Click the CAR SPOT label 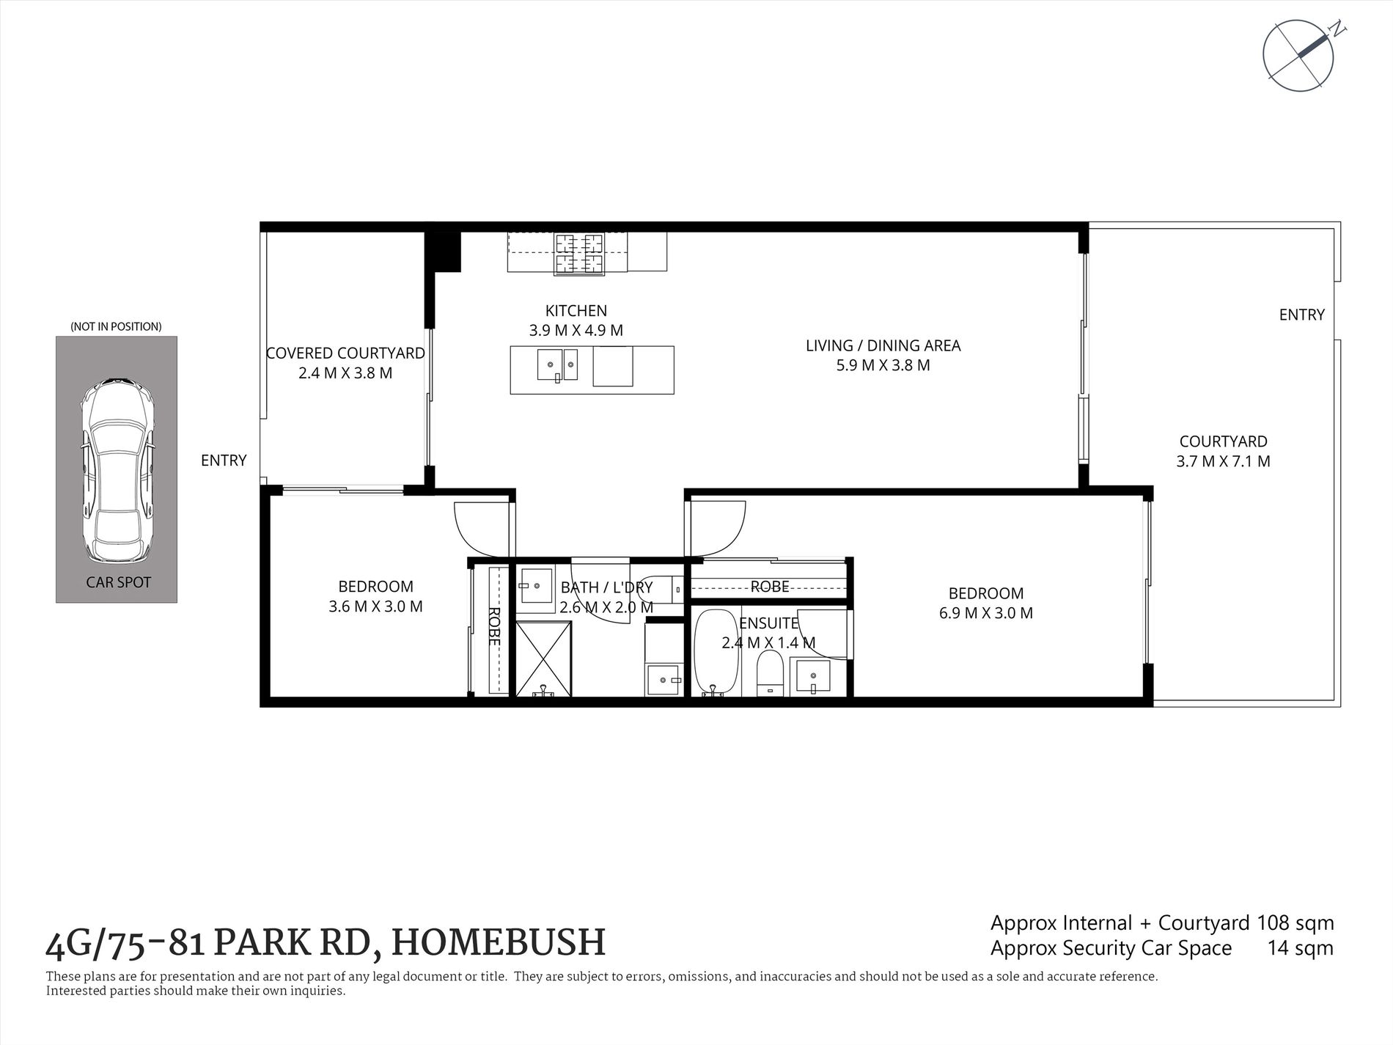[x=118, y=582]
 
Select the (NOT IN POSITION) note [x=116, y=326]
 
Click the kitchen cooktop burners [x=579, y=253]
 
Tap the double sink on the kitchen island [x=557, y=365]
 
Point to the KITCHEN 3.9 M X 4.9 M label [x=576, y=320]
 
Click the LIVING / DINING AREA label [x=883, y=345]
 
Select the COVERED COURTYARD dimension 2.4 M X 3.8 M [x=345, y=373]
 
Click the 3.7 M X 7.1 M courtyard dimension [x=1223, y=461]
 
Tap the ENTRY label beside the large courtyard [x=1301, y=315]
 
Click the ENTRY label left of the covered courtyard [x=224, y=461]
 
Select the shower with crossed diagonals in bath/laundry [x=543, y=658]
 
